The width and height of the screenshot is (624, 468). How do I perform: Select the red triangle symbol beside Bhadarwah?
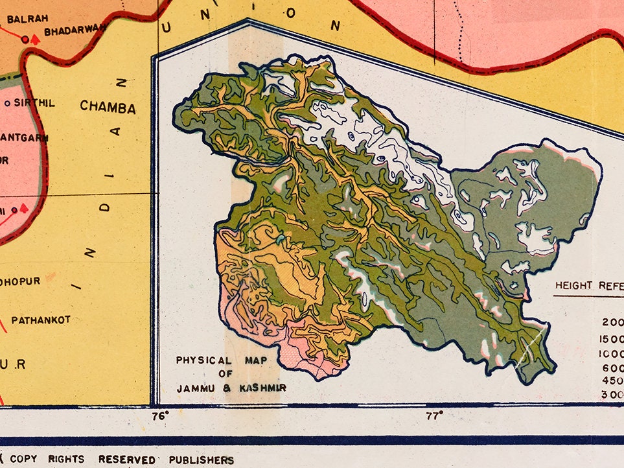click(x=36, y=40)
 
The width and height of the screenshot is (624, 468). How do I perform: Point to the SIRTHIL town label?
click(x=34, y=103)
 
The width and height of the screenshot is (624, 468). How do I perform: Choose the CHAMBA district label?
click(x=108, y=108)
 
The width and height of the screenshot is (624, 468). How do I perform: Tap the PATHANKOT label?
click(x=40, y=320)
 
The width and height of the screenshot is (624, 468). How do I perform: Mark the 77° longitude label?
click(x=433, y=415)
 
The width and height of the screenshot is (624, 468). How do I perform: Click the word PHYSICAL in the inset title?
click(x=194, y=360)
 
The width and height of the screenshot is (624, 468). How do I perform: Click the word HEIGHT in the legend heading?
click(x=573, y=285)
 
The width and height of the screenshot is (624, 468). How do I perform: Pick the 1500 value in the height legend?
click(x=612, y=339)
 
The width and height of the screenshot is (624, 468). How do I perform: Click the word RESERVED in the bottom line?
click(x=126, y=460)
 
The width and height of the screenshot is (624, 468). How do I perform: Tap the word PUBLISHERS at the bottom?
click(x=201, y=460)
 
